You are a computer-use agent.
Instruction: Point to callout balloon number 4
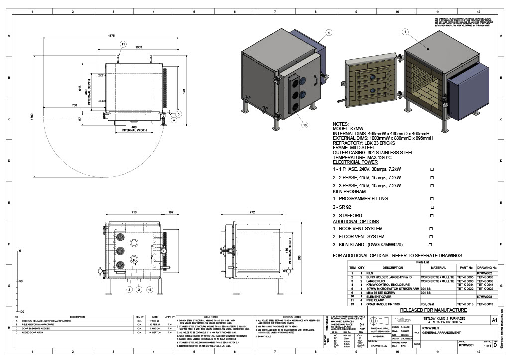point(329,32)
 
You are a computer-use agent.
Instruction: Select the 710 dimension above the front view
point(134,212)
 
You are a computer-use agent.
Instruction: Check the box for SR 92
point(432,207)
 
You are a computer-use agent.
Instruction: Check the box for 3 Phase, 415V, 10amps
point(432,185)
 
